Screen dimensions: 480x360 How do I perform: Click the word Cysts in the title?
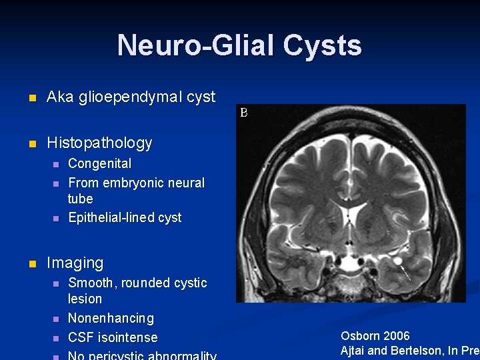click(322, 45)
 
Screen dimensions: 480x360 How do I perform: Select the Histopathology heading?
click(99, 143)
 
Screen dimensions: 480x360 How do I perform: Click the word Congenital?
click(99, 163)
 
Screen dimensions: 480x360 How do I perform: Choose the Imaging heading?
click(75, 263)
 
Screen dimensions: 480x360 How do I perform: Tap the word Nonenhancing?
click(111, 318)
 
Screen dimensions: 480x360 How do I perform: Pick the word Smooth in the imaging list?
click(91, 283)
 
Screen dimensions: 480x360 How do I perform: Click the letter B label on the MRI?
click(244, 113)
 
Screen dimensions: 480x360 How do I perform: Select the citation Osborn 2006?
click(375, 336)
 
